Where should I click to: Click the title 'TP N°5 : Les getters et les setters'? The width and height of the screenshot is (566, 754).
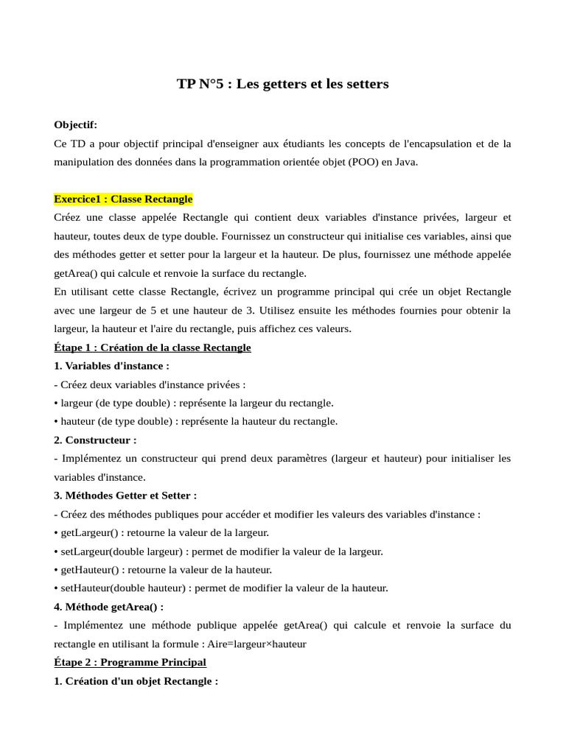coord(282,84)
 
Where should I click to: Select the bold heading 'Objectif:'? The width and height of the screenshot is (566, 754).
coord(75,124)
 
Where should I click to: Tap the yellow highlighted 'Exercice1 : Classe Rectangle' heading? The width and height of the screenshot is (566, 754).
coord(123,199)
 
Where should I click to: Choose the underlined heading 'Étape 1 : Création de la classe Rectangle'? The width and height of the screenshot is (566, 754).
coord(153,348)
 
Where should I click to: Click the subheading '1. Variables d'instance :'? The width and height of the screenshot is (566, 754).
coord(111,366)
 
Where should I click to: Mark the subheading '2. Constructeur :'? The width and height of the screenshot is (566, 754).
coord(95,440)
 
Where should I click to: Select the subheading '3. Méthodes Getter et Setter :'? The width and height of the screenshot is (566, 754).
coord(125,496)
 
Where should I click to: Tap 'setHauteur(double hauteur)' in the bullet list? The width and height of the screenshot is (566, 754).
coord(122,588)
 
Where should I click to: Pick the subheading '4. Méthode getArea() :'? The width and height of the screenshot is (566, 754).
coord(108,607)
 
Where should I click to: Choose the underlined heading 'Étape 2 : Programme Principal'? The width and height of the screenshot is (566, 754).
coord(130,662)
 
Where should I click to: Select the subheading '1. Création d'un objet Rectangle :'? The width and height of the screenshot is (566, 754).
coord(136,681)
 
